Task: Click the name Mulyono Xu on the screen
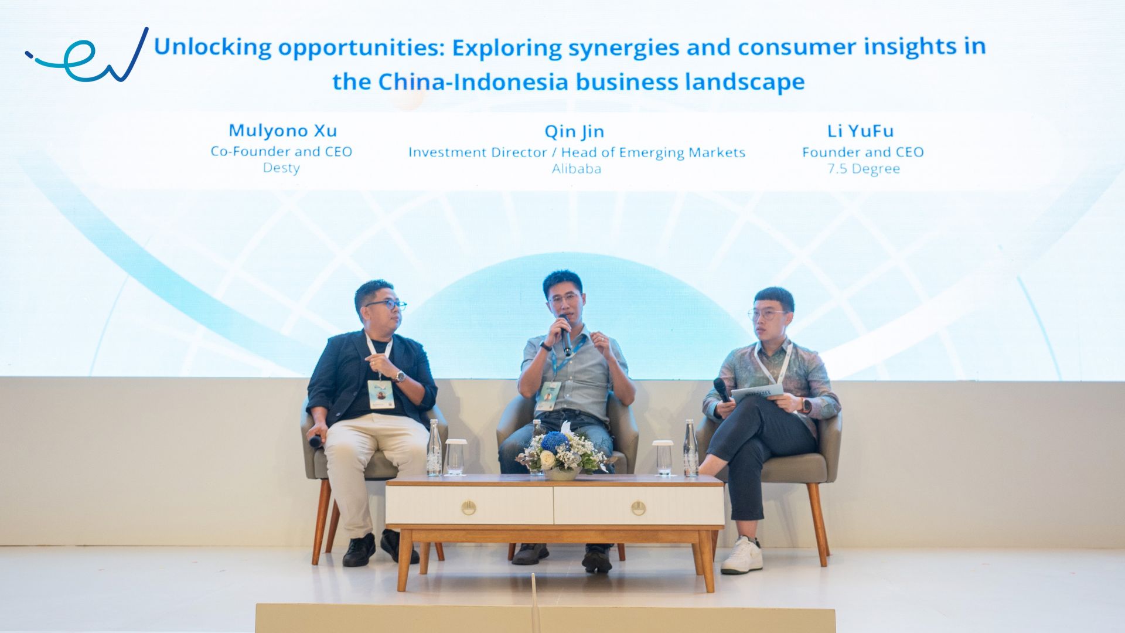pos(282,130)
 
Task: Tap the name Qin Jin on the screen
pos(574,131)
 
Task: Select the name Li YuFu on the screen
pos(860,131)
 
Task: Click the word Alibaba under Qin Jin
pos(576,169)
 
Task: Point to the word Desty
pos(281,168)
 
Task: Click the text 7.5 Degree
pos(863,169)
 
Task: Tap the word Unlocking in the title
pos(212,47)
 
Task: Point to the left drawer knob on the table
pos(468,508)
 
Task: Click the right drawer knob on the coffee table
pos(639,508)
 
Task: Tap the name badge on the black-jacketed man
pos(381,394)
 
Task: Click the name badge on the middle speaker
pos(548,396)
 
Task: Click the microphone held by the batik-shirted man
pos(721,389)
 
